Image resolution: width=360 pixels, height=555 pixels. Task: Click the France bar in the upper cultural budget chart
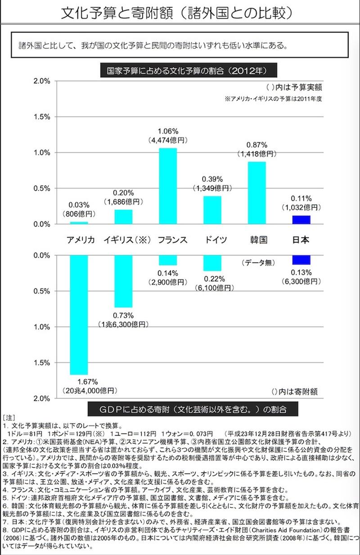coord(168,185)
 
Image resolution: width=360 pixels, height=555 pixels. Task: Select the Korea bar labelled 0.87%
coord(256,192)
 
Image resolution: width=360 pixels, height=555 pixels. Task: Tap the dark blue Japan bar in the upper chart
coord(301,220)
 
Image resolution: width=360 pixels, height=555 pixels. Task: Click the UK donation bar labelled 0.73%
coord(123,281)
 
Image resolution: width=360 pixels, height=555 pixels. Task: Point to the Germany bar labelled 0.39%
coord(212,210)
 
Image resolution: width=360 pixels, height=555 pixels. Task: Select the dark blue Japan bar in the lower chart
coord(301,260)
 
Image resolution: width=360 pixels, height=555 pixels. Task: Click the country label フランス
coord(172,239)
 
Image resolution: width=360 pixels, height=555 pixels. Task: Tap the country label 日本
coord(301,239)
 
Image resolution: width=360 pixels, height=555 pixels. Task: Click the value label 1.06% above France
coord(168,131)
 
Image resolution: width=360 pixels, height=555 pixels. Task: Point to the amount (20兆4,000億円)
coord(89,390)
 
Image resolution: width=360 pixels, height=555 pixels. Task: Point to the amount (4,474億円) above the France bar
coord(168,140)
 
